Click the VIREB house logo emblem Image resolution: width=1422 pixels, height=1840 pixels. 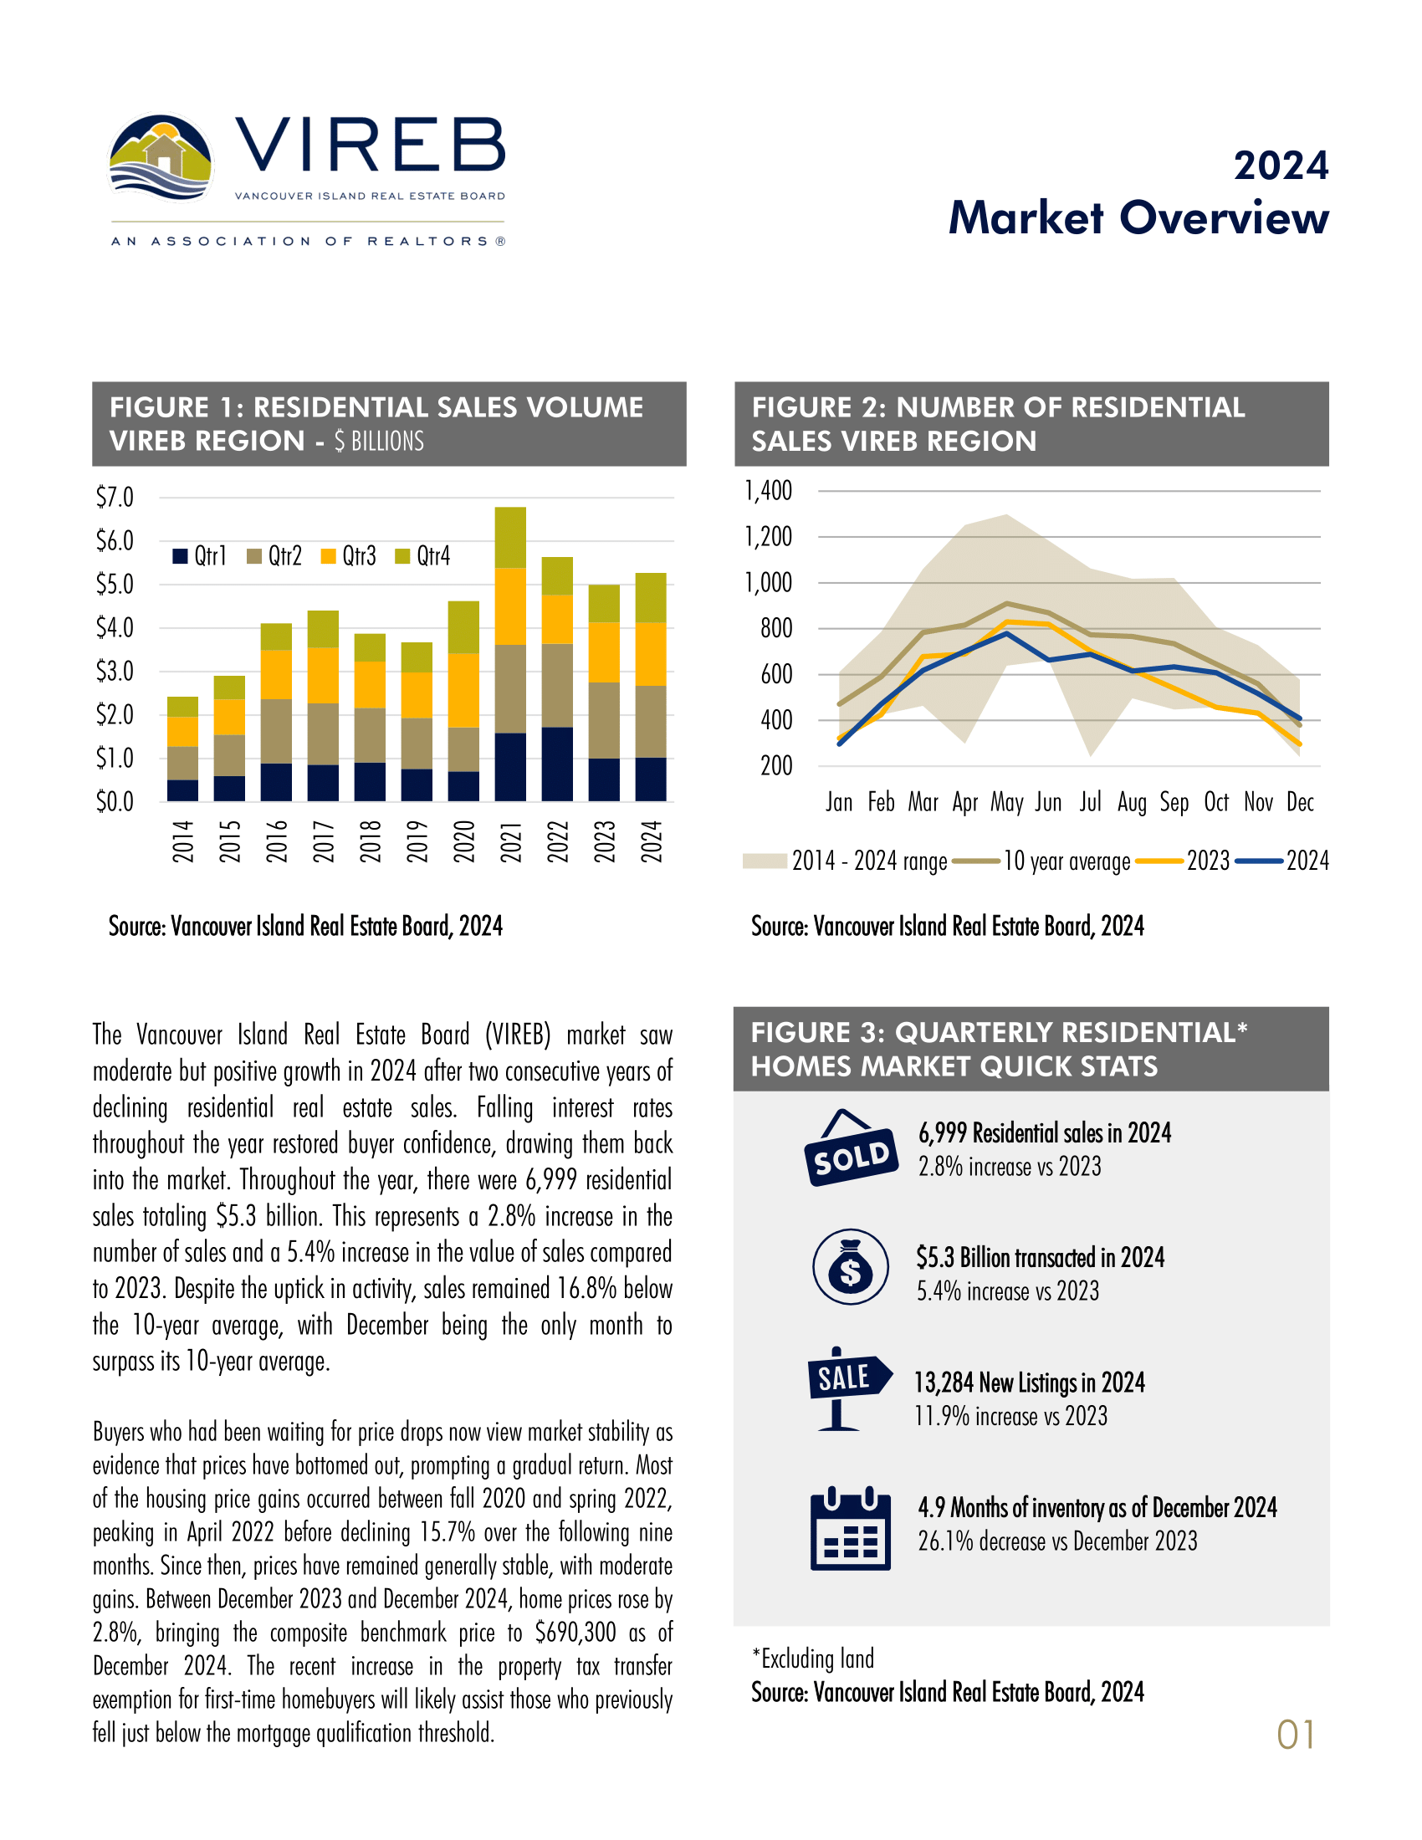pyautogui.click(x=160, y=158)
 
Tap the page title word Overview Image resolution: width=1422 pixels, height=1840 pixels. pyautogui.click(x=1223, y=217)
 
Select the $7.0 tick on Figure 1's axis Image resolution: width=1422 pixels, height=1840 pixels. pyautogui.click(x=115, y=497)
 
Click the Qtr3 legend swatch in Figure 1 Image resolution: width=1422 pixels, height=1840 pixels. pyautogui.click(x=329, y=556)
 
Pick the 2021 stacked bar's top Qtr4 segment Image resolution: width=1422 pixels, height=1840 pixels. pyautogui.click(x=510, y=538)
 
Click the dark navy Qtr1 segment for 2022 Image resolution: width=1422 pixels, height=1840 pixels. pyautogui.click(x=557, y=764)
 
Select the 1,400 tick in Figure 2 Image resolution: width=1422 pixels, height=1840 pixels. pyautogui.click(x=768, y=490)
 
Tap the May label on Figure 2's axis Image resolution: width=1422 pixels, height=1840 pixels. pyautogui.click(x=1006, y=802)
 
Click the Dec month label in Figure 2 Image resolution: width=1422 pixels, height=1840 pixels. pyautogui.click(x=1300, y=802)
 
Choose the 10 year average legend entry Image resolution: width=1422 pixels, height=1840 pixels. pyautogui.click(x=1066, y=861)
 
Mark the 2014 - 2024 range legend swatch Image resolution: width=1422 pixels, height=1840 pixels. pyautogui.click(x=764, y=861)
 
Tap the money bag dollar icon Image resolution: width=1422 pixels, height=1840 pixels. pyautogui.click(x=851, y=1267)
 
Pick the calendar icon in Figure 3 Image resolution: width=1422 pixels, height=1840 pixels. pyautogui.click(x=850, y=1530)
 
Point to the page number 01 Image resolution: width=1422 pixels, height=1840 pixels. pyautogui.click(x=1296, y=1735)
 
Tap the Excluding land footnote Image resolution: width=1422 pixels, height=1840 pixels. pyautogui.click(x=814, y=1659)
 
